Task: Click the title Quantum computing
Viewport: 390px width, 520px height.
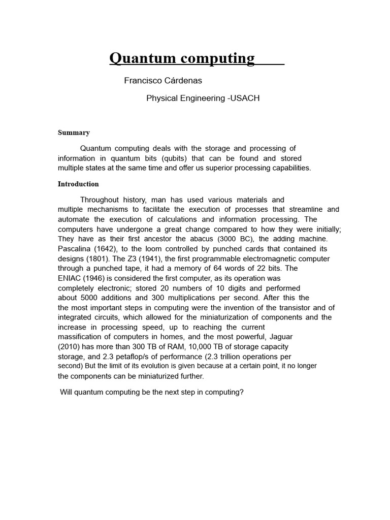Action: point(182,58)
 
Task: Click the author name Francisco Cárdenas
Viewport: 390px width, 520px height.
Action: point(163,81)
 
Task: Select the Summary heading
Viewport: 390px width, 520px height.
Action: point(74,133)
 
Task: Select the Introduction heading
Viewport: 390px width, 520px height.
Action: point(78,184)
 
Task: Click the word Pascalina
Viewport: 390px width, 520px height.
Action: point(75,249)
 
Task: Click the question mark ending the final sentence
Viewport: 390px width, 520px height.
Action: point(242,393)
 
